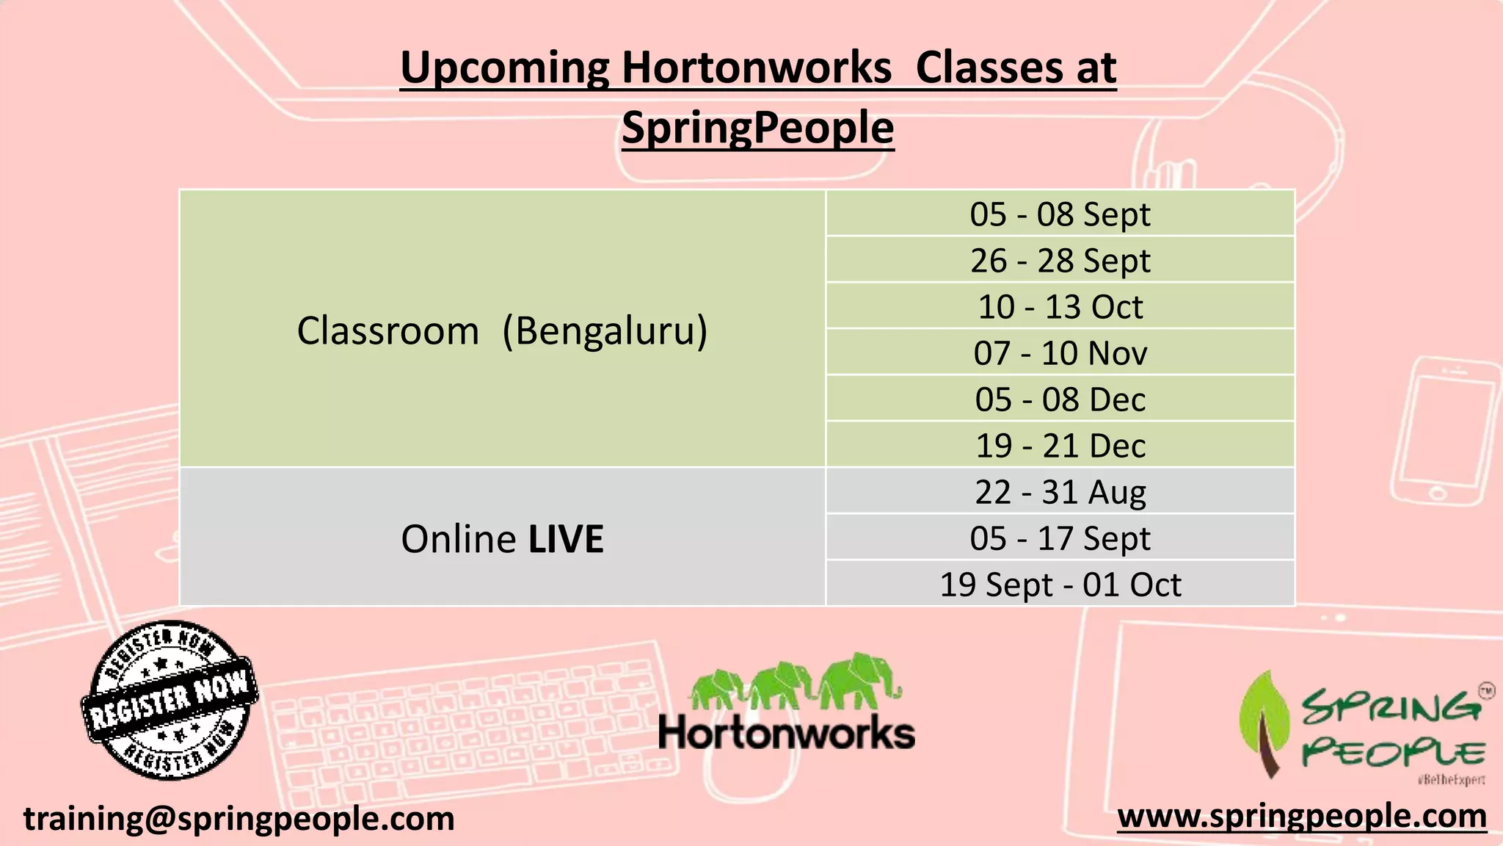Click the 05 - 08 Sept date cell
[1060, 214]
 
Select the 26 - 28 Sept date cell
[1060, 261]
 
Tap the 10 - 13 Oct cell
[1060, 307]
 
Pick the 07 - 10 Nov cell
[1060, 353]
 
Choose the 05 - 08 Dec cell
[1060, 399]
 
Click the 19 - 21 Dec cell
[1060, 446]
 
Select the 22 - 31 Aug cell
[1060, 492]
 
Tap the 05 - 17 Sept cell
[1060, 538]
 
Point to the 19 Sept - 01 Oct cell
[1060, 585]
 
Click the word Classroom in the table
[387, 330]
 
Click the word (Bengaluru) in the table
[605, 330]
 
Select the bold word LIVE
[566, 539]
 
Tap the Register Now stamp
[170, 700]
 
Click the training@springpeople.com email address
[239, 818]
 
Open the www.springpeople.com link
[1301, 815]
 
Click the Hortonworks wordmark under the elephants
[786, 733]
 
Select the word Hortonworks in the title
[756, 68]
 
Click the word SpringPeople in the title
[757, 128]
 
